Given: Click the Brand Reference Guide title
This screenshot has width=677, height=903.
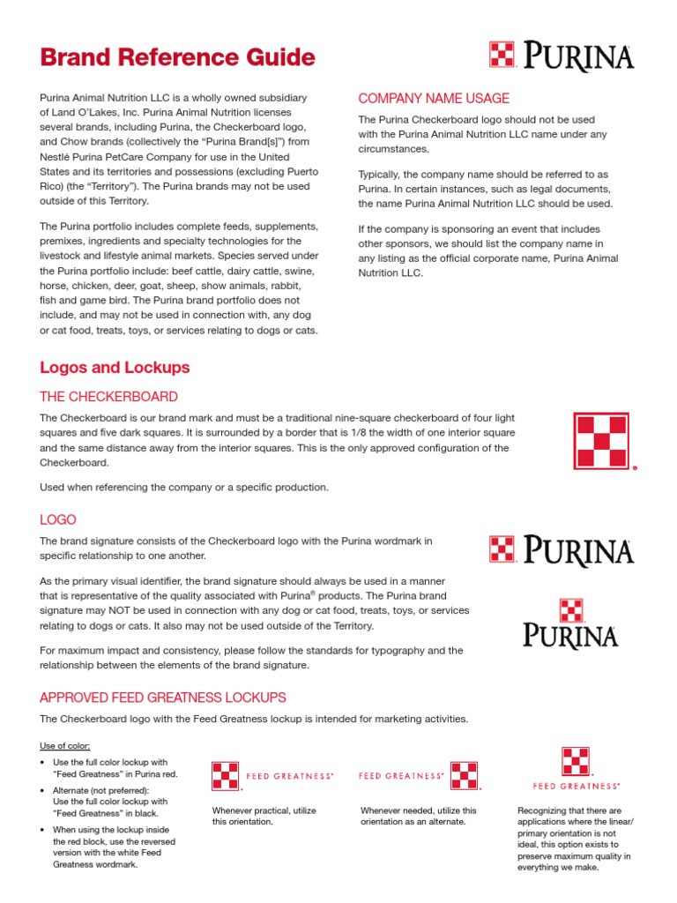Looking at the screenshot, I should point(177,57).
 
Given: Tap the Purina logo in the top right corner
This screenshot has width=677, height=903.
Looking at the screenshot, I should point(561,56).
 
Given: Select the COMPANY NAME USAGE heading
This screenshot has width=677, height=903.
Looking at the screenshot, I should point(433,98).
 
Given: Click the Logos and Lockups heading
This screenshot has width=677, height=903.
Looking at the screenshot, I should point(115,367).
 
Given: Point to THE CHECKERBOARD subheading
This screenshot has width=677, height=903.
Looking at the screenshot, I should point(108,397).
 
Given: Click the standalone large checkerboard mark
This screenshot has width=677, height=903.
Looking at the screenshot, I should point(602,441).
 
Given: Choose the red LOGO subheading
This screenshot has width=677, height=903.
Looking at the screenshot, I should point(58,520).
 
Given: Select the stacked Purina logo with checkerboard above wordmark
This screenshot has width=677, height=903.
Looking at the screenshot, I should point(570,623).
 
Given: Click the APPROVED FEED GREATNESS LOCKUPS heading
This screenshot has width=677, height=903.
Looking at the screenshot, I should point(163,697).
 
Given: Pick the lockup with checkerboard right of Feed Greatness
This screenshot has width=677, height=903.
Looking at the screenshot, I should point(420,775).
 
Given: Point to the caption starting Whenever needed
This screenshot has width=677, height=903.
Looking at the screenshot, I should point(419,816).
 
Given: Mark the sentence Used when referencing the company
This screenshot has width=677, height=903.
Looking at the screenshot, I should point(184,487).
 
